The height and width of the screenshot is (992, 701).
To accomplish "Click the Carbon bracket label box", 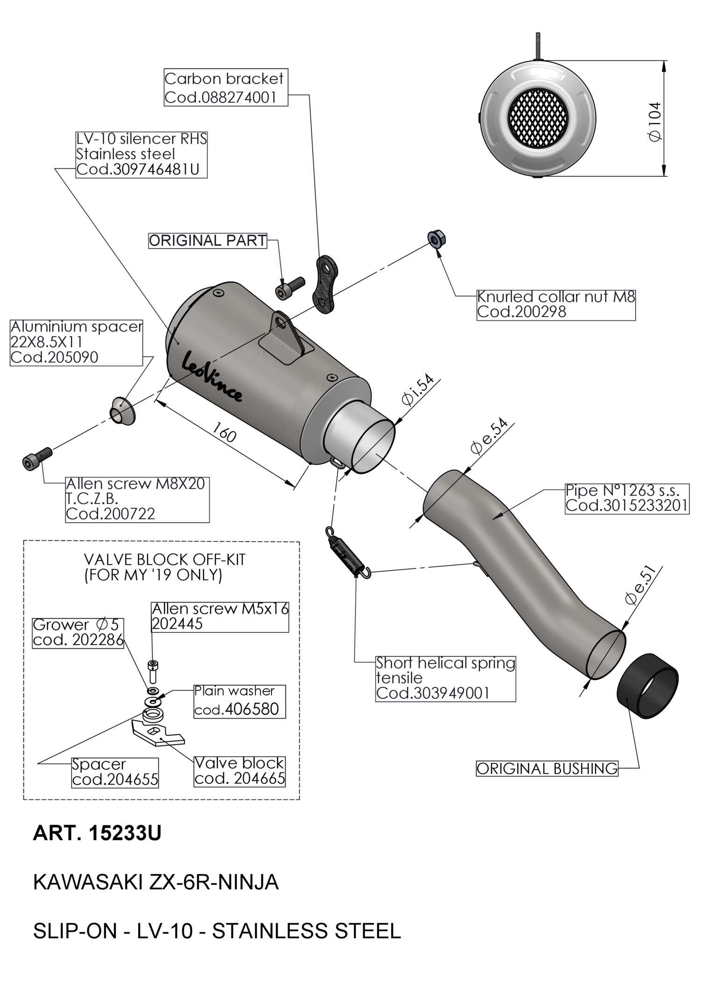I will pos(226,87).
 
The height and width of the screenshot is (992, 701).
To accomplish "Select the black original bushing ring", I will pos(648,686).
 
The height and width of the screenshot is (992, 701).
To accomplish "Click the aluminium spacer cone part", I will pos(122,411).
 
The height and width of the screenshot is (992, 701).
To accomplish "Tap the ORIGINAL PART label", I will pos(207,241).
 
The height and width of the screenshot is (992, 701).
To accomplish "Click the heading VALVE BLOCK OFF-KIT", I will pos(164,560).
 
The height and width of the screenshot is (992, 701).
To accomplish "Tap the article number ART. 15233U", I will pos(97,834).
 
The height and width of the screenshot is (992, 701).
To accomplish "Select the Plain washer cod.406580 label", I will pos(239,701).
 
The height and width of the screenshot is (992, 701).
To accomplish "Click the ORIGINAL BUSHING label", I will pos(546,769).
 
